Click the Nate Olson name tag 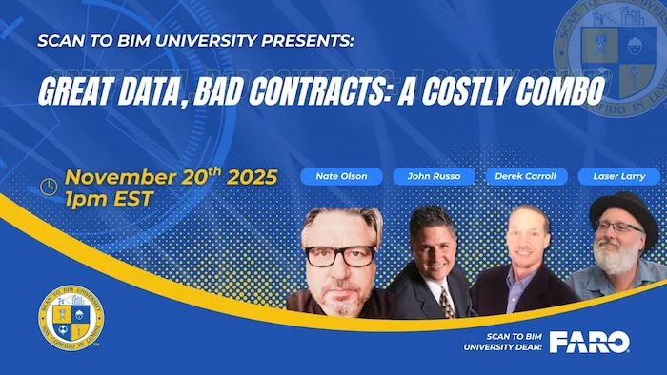point(341,175)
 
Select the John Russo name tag point(435,175)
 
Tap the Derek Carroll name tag point(527,175)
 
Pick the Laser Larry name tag point(619,175)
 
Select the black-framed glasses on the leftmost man point(341,255)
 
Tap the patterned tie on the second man point(446,302)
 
